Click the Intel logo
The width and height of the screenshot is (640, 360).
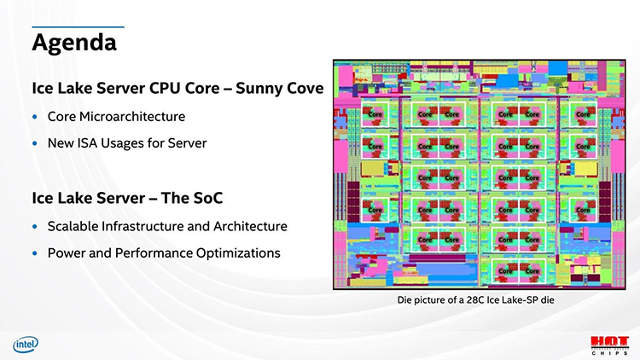(26, 344)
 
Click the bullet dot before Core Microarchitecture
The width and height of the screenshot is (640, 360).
(35, 117)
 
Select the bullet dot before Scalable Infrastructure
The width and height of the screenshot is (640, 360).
(35, 227)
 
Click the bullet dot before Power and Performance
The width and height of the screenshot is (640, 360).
(35, 254)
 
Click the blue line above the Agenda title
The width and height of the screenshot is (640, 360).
(78, 27)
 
